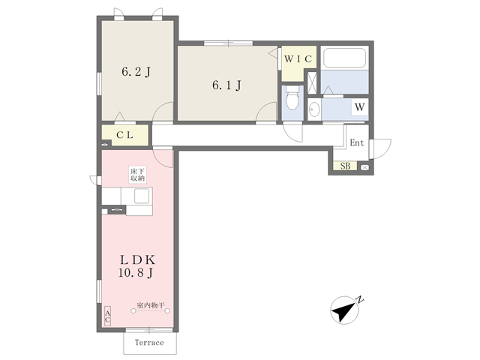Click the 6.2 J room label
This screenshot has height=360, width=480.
click(136, 72)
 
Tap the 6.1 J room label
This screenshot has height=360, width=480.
click(226, 85)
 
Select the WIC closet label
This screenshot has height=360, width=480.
click(298, 58)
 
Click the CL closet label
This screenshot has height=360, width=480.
click(124, 135)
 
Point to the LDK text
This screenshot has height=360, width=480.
click(137, 260)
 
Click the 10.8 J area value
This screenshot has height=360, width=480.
click(136, 273)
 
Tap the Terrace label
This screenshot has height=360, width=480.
click(149, 343)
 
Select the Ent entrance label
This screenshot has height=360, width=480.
click(357, 142)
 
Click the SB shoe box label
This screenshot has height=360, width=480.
click(345, 166)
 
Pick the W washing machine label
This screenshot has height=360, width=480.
click(360, 107)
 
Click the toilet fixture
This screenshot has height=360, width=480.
click(292, 97)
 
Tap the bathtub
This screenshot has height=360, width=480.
click(345, 57)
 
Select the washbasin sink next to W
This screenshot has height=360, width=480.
click(314, 109)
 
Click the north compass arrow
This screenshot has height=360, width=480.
click(343, 310)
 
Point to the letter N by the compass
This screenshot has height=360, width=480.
click(360, 299)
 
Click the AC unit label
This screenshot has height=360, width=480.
click(107, 316)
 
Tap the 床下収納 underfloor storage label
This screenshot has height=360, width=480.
click(137, 175)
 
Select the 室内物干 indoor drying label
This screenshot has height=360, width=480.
click(151, 305)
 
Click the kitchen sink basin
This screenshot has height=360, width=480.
click(142, 196)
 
